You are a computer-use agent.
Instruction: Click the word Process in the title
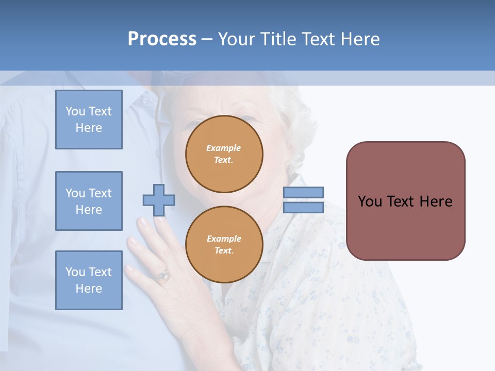[162, 39]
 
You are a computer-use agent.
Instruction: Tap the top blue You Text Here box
[89, 120]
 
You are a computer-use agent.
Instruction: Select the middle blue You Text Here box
[89, 201]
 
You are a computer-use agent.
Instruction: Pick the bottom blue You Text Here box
[89, 280]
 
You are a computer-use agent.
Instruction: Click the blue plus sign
[159, 200]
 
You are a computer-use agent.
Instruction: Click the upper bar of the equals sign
[303, 192]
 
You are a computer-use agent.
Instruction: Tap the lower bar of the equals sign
[303, 208]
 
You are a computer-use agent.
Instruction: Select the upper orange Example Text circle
[224, 154]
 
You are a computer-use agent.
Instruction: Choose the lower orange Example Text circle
[224, 244]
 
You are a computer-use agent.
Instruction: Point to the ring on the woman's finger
[163, 275]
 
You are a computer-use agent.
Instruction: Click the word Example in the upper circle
[224, 148]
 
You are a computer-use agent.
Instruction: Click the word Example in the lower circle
[224, 239]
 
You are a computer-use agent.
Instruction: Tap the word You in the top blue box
[75, 111]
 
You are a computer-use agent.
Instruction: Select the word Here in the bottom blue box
[89, 289]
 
